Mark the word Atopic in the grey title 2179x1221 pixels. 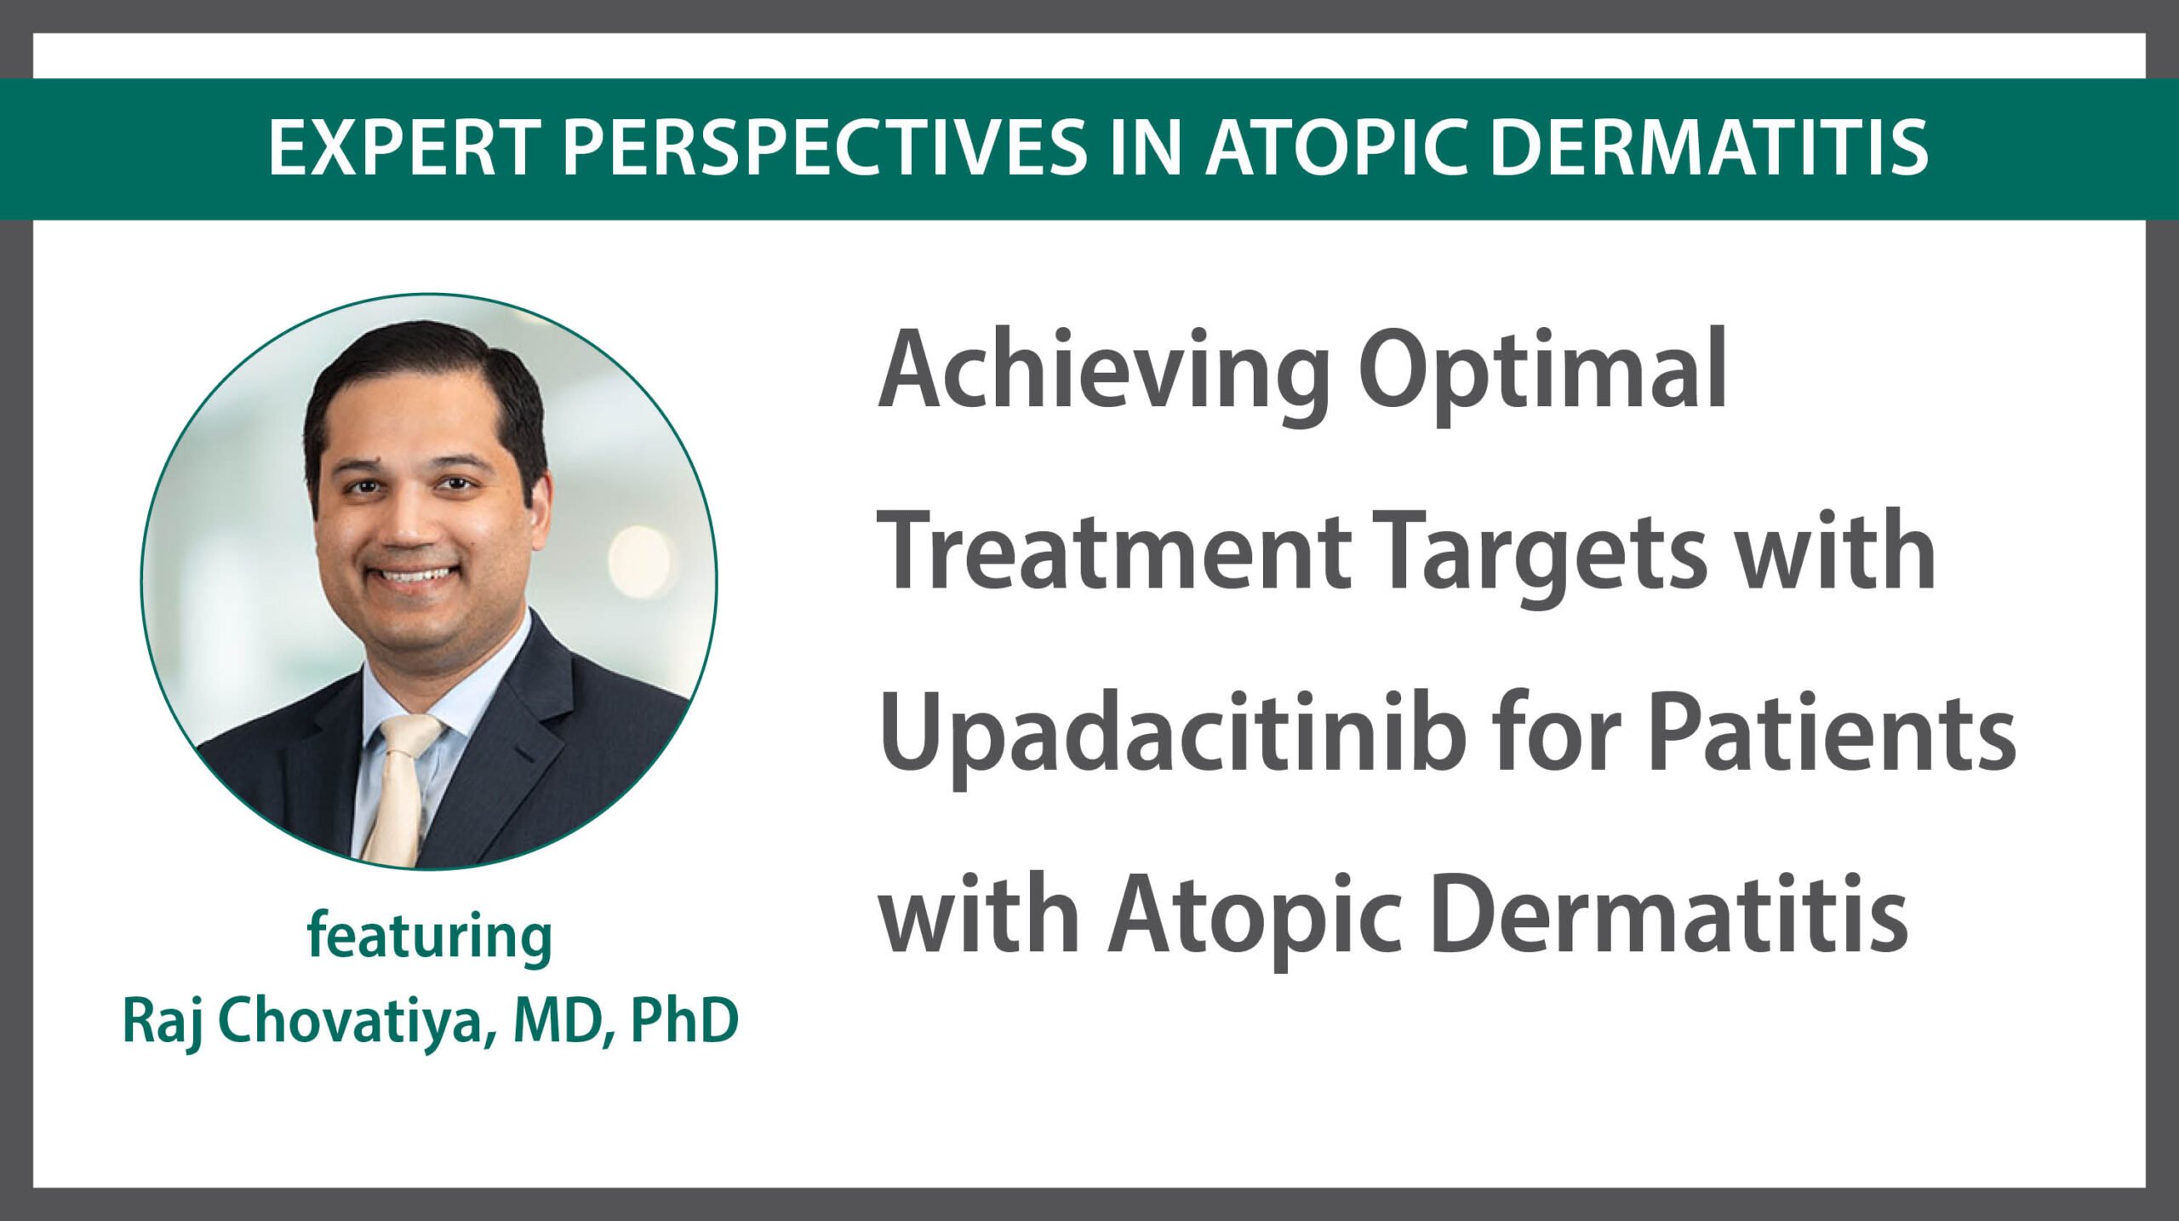click(1255, 920)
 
